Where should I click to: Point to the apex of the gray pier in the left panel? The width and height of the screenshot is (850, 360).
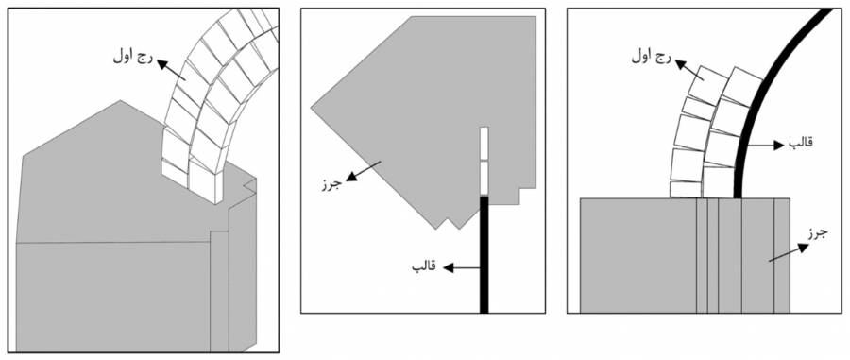coord(121,100)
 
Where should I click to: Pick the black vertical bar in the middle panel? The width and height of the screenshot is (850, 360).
coord(484,254)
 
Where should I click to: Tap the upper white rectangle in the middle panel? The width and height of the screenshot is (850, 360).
coord(484,144)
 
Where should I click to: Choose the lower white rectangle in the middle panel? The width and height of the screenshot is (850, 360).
coord(484,178)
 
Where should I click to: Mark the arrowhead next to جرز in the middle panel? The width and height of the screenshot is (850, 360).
coord(351,177)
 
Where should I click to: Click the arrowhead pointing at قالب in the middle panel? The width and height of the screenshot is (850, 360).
coord(448,267)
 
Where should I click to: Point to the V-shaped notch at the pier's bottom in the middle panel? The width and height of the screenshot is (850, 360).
coord(450,222)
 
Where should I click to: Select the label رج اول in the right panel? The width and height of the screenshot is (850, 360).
coord(650,57)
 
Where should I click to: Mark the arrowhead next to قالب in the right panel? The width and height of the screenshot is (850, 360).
coord(779,145)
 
